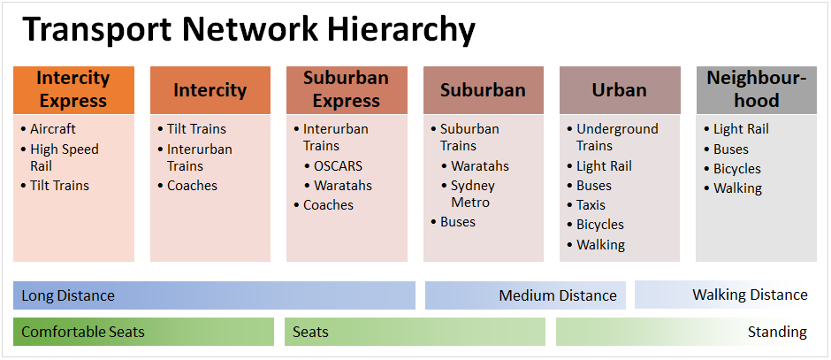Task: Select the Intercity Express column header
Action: pyautogui.click(x=73, y=90)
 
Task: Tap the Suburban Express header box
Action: pyautogui.click(x=347, y=90)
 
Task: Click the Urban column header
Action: pyautogui.click(x=620, y=90)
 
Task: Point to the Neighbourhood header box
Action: pyautogui.click(x=756, y=90)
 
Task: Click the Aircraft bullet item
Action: pyautogui.click(x=52, y=129)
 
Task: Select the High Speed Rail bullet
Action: pyautogui.click(x=65, y=157)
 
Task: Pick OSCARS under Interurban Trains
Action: pyautogui.click(x=338, y=166)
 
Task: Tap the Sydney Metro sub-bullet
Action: pyautogui.click(x=473, y=194)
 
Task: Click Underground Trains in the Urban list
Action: pyautogui.click(x=617, y=137)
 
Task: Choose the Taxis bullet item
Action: pyautogui.click(x=591, y=205)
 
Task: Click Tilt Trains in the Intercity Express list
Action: pyautogui.click(x=59, y=186)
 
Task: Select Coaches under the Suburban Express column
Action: pyautogui.click(x=328, y=205)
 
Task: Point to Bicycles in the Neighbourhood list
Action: pyautogui.click(x=736, y=169)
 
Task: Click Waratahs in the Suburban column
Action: pyautogui.click(x=480, y=166)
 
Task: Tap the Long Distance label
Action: pyautogui.click(x=68, y=295)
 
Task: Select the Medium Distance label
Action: pyautogui.click(x=558, y=295)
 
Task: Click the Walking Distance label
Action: pyautogui.click(x=750, y=295)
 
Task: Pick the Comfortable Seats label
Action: pyautogui.click(x=83, y=332)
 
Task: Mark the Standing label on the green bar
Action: pyautogui.click(x=777, y=333)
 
